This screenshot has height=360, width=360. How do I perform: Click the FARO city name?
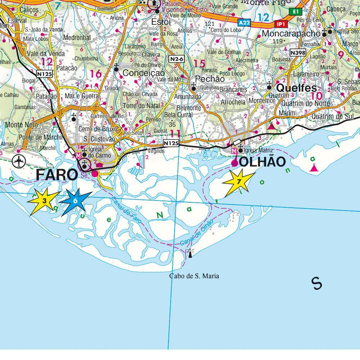pyautogui.click(x=57, y=175)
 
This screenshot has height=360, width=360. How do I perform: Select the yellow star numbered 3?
pyautogui.click(x=44, y=201)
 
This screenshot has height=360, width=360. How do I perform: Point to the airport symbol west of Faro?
pyautogui.click(x=18, y=161)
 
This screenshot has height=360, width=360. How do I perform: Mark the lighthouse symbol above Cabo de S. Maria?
pyautogui.click(x=190, y=253)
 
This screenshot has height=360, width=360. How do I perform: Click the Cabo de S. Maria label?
pyautogui.click(x=194, y=276)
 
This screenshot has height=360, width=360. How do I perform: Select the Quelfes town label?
pyautogui.click(x=296, y=88)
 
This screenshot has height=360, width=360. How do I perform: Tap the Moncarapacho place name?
pyautogui.click(x=291, y=33)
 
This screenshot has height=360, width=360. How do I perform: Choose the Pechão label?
pyautogui.click(x=210, y=79)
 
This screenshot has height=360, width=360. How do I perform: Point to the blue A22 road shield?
pyautogui.click(x=244, y=22)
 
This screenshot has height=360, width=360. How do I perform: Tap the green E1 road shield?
pyautogui.click(x=296, y=12)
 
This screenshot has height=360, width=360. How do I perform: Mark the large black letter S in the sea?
pyautogui.click(x=317, y=283)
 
